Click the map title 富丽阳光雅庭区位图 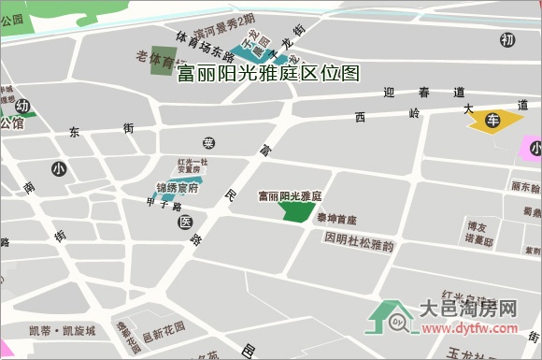point(267,74)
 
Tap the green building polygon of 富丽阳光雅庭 point(298,211)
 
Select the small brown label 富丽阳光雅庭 point(290,196)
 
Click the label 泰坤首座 point(335,220)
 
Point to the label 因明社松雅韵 point(360,238)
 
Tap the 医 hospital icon point(184,223)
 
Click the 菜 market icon point(209,142)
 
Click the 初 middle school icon point(507,39)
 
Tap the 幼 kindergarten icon point(22,106)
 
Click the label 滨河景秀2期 point(224,20)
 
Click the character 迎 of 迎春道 point(389,93)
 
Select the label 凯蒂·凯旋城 point(63,330)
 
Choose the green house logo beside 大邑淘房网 point(392,317)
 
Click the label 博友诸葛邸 point(479,232)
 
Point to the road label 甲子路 point(164,203)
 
